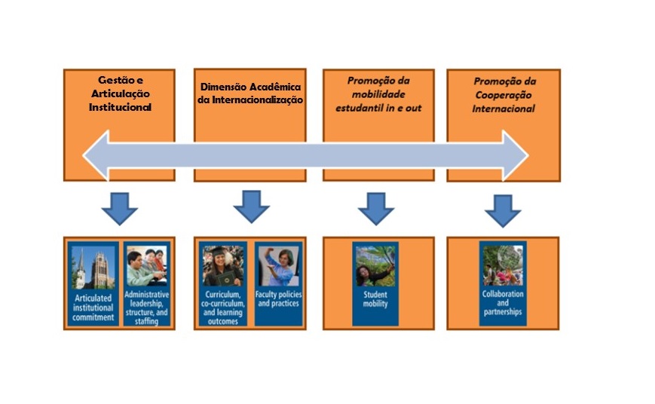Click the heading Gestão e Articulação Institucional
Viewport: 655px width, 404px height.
[x=120, y=93]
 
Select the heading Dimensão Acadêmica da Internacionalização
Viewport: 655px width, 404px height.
[x=250, y=93]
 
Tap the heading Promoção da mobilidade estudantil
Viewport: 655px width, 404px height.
[x=378, y=94]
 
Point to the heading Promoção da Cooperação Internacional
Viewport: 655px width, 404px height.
[x=503, y=95]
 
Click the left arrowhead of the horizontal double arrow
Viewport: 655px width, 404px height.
[x=96, y=155]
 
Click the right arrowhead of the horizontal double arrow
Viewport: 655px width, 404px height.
[x=516, y=155]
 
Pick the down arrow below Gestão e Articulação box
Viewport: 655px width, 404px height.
[x=120, y=209]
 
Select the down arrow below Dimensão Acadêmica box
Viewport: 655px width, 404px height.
[x=251, y=207]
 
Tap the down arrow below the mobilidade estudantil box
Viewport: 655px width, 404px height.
[x=376, y=209]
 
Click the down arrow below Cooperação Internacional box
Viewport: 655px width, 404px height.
[x=503, y=211]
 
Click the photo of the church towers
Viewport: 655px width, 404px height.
[x=93, y=268]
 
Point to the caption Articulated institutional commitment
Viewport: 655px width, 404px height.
[x=93, y=308]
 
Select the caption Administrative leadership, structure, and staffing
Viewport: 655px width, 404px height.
[x=147, y=308]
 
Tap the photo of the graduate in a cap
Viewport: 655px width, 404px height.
[x=223, y=266]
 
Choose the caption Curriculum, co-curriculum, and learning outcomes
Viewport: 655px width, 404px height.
[x=222, y=308]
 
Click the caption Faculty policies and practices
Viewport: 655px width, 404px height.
[x=278, y=298]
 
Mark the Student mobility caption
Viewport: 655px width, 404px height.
[x=375, y=299]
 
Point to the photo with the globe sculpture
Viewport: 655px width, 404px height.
[x=503, y=265]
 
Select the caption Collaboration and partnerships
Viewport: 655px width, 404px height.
[x=503, y=303]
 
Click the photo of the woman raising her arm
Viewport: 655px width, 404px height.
[x=279, y=266]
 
